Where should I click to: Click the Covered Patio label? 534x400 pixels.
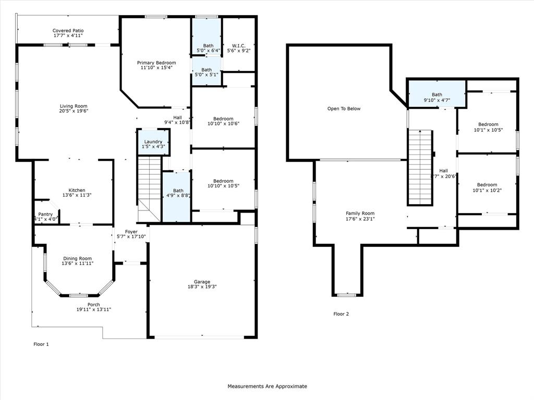click(x=68, y=31)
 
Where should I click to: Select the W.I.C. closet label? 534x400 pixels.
click(x=239, y=46)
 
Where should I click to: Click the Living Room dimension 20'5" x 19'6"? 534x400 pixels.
click(x=74, y=111)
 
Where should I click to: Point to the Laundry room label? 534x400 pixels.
click(x=153, y=141)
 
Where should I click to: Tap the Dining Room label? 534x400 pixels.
click(x=77, y=258)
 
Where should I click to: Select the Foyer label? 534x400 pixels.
click(x=131, y=232)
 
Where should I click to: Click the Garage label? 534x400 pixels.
click(x=202, y=281)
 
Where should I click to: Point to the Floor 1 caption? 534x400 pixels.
click(x=41, y=344)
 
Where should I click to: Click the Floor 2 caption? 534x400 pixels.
click(x=341, y=314)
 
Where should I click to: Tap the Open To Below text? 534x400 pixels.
click(x=344, y=109)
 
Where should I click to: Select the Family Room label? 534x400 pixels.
click(x=360, y=213)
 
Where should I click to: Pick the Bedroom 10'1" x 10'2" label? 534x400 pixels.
click(x=487, y=185)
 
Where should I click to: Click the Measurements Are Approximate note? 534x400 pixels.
click(x=267, y=386)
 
